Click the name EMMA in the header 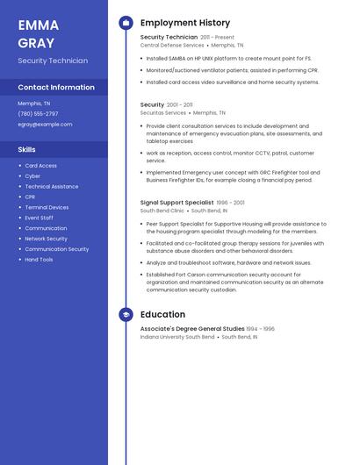[39, 25]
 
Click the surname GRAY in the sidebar [36, 43]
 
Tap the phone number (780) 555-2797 [38, 113]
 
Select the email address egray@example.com [45, 124]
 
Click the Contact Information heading [56, 87]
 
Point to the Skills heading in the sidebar [26, 149]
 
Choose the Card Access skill [40, 166]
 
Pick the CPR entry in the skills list [30, 197]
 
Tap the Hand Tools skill [39, 260]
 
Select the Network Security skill [46, 239]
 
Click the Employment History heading [185, 23]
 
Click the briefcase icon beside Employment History [126, 23]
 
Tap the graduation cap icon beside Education [126, 314]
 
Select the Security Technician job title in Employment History [169, 38]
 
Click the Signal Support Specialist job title [176, 203]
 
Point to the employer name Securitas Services [163, 112]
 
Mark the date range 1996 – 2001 [231, 203]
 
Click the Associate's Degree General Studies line [192, 329]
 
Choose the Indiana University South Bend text [177, 337]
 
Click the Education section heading [162, 314]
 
